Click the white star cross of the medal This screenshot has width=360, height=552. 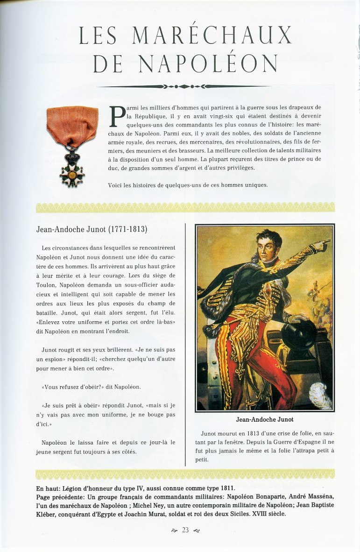click(72, 174)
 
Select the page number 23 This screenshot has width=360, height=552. click(185, 530)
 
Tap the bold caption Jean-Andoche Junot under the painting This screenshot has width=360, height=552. click(265, 419)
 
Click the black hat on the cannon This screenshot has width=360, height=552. click(299, 332)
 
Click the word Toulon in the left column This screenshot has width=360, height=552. click(47, 285)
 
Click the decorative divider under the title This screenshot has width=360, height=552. click(183, 86)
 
